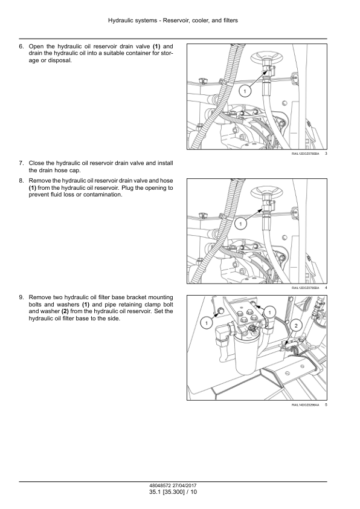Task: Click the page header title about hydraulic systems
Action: click(x=173, y=21)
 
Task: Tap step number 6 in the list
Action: click(x=21, y=47)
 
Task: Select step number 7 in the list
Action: click(x=21, y=163)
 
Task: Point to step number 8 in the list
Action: click(x=21, y=181)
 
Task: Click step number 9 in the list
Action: click(x=21, y=297)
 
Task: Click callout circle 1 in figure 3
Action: click(x=245, y=91)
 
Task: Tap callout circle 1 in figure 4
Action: click(x=240, y=224)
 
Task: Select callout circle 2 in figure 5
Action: click(x=296, y=325)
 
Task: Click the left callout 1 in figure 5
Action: click(x=206, y=323)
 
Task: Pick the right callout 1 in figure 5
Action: click(x=269, y=313)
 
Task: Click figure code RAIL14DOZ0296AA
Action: click(x=305, y=405)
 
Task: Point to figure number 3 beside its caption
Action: click(x=326, y=154)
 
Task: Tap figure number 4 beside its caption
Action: click(x=326, y=288)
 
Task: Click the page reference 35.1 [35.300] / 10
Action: click(x=173, y=492)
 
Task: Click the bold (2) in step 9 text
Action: click(x=65, y=311)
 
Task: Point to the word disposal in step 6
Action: click(x=59, y=60)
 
